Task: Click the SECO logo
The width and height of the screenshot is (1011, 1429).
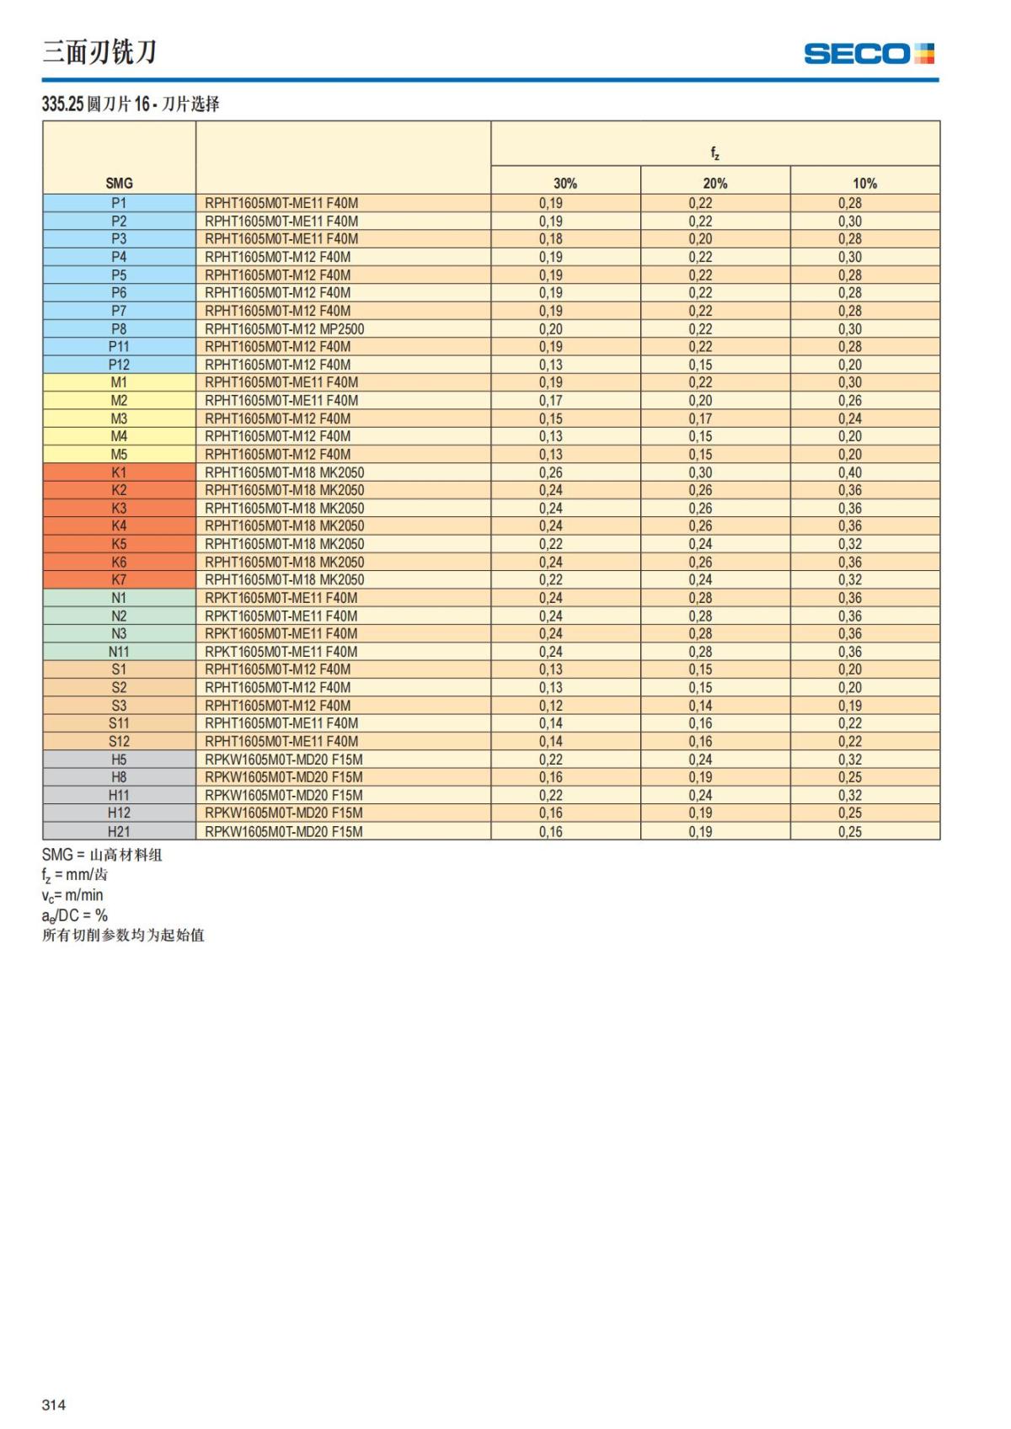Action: [x=869, y=54]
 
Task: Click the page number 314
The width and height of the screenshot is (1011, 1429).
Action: [x=54, y=1405]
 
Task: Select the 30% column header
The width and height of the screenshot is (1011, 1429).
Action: [x=565, y=184]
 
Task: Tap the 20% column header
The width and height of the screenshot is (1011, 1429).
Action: [x=715, y=184]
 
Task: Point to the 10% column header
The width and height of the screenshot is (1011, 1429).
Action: [x=864, y=184]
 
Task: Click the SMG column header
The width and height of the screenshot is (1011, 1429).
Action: [x=119, y=184]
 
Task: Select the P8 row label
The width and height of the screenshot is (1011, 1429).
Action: [x=119, y=329]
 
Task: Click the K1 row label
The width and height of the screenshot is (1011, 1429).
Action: [x=119, y=472]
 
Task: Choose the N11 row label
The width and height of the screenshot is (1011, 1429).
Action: [x=119, y=652]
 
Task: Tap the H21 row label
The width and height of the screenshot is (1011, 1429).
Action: [x=119, y=831]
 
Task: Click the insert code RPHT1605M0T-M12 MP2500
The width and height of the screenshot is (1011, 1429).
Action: [x=285, y=329]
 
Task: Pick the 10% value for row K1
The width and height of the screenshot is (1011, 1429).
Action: [x=849, y=472]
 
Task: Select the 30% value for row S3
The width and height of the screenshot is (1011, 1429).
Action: [x=551, y=706]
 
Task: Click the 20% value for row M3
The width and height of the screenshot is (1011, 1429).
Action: [x=700, y=419]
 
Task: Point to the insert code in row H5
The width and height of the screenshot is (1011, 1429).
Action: [x=284, y=760]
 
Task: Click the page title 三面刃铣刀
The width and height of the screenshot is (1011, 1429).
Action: [x=99, y=52]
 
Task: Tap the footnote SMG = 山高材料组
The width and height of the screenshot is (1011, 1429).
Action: [x=102, y=855]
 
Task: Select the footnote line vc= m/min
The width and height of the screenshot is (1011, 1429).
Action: [x=72, y=895]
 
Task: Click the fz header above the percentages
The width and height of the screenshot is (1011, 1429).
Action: [x=714, y=153]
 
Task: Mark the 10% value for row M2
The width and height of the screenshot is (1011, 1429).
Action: [x=849, y=401]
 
